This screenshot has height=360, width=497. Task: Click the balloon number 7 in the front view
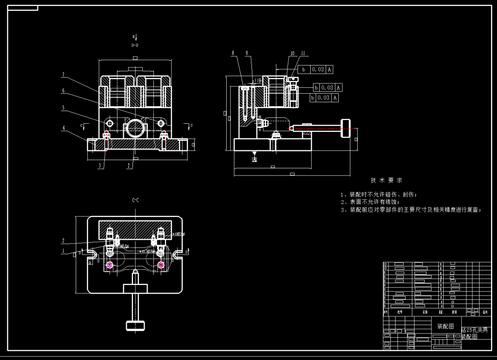64,75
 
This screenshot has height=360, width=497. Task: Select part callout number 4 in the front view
64,128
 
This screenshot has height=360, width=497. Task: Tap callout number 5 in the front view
64,108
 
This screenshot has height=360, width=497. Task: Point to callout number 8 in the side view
233,53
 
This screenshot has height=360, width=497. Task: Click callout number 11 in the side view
303,53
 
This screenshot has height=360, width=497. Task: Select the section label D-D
135,45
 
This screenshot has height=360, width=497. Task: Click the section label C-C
135,200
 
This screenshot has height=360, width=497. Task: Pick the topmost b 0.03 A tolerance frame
315,69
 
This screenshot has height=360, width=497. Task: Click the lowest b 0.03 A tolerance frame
324,98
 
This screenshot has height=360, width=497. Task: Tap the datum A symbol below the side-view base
254,159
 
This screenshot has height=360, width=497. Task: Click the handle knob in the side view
345,128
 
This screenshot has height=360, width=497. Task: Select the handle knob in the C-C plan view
135,326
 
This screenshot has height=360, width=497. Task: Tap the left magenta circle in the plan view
110,265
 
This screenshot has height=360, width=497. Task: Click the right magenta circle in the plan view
161,265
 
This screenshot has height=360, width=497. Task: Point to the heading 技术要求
386,180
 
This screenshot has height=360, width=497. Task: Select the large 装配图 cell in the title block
446,327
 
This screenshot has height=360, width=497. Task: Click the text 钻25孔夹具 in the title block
474,330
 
